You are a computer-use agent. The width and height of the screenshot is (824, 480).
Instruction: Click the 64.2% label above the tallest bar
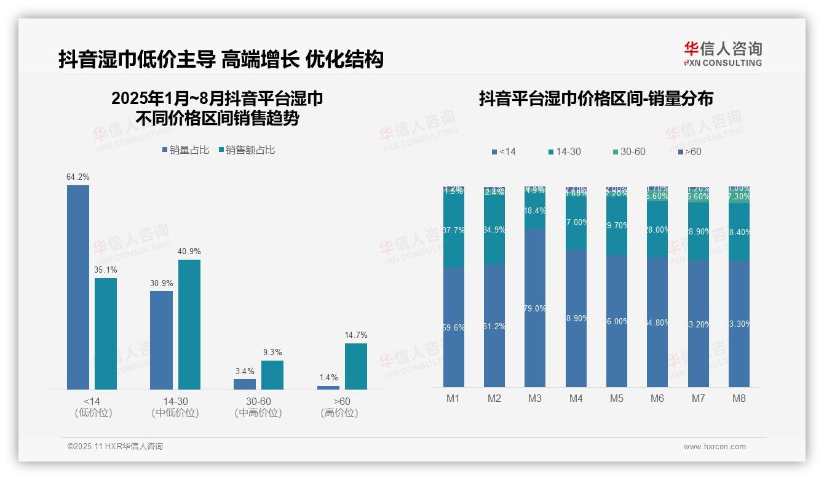[78, 177]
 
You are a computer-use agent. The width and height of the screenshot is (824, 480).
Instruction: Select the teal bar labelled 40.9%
[189, 324]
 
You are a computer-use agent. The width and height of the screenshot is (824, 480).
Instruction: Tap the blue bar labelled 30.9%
[161, 340]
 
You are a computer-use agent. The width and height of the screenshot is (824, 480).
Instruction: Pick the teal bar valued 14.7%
[356, 366]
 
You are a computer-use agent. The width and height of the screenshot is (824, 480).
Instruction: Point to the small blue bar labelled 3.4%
[245, 384]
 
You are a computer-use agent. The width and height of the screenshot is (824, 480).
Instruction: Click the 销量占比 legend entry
[185, 150]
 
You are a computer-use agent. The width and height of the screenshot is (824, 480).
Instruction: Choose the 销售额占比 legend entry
[247, 150]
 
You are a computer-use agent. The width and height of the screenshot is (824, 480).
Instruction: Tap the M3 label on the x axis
[535, 398]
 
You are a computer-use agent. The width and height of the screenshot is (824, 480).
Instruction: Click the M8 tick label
[739, 398]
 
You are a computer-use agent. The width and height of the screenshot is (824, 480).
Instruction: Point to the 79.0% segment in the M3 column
[535, 308]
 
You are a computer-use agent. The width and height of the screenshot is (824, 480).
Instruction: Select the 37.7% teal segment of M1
[454, 230]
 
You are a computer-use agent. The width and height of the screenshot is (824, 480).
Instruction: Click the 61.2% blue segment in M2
[494, 326]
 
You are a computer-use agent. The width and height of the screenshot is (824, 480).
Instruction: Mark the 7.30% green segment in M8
[739, 197]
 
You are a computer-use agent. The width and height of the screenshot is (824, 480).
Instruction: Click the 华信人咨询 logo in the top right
[723, 54]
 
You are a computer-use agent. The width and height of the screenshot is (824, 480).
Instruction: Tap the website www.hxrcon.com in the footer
[715, 447]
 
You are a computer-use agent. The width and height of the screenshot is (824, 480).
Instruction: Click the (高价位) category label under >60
[339, 413]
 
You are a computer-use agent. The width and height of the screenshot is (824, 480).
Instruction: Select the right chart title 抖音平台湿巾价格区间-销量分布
[596, 99]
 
